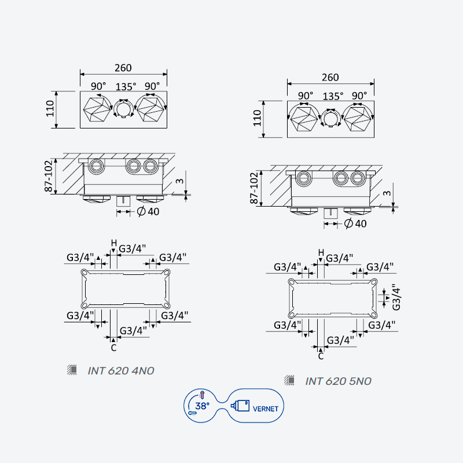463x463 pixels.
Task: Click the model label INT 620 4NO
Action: click(x=121, y=371)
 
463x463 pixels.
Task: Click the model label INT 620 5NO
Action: click(x=338, y=381)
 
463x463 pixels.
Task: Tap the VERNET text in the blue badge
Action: click(x=266, y=409)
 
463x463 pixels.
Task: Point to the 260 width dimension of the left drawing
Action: click(x=123, y=68)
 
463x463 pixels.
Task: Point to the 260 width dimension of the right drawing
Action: click(x=330, y=78)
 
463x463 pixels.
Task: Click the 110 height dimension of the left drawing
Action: click(x=50, y=109)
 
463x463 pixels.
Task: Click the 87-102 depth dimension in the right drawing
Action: click(x=254, y=188)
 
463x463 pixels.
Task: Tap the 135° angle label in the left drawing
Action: click(x=126, y=87)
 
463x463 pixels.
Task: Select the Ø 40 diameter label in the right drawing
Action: click(x=355, y=223)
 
